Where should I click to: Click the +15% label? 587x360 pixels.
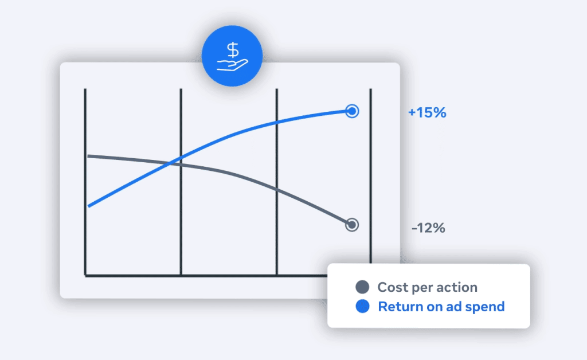click(x=427, y=112)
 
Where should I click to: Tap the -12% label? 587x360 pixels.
click(x=428, y=228)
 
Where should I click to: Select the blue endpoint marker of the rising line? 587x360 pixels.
click(x=352, y=111)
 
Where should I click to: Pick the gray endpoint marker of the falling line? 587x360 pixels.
click(x=352, y=225)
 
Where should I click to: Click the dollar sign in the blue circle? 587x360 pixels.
click(x=233, y=50)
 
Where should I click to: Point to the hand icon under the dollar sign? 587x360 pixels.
click(x=233, y=65)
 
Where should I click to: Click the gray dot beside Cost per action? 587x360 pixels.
click(x=362, y=287)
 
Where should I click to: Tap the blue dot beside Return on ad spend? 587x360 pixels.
click(x=362, y=307)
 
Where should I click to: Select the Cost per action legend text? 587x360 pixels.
click(x=428, y=287)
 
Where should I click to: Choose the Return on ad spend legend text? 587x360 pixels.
click(x=441, y=307)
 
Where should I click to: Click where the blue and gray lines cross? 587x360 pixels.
click(x=171, y=162)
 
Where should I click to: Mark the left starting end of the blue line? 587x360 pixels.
click(x=88, y=206)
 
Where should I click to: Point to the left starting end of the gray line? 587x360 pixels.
click(x=88, y=156)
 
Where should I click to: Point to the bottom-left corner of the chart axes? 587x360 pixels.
click(x=85, y=276)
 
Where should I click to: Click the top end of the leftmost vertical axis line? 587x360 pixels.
click(x=85, y=89)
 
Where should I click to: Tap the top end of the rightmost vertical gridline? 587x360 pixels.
click(x=371, y=89)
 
